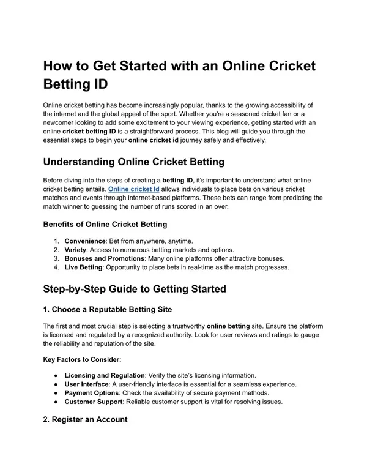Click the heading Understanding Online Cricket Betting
click(135, 162)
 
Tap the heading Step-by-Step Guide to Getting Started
click(135, 288)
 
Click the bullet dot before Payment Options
click(56, 392)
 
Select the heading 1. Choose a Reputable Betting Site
click(108, 309)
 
